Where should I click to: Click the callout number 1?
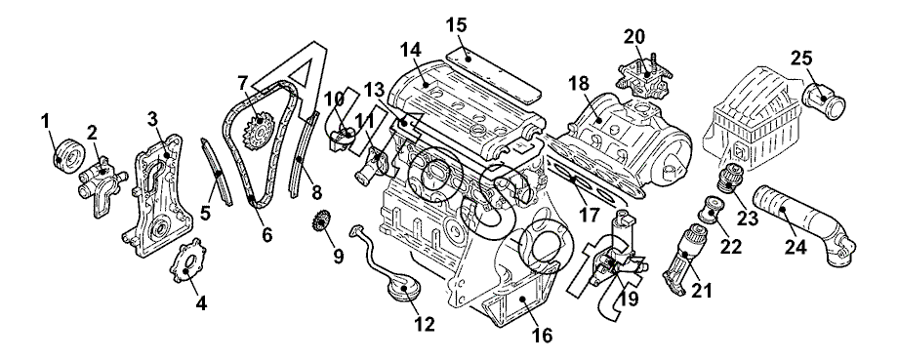click(x=45, y=121)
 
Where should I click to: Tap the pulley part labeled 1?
click(x=68, y=153)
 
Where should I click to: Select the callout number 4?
click(x=201, y=303)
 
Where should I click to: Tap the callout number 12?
click(x=425, y=325)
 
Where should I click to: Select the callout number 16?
click(x=542, y=335)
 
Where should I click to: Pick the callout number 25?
click(x=801, y=58)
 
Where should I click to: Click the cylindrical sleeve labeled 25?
click(x=824, y=100)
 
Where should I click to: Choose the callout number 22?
click(x=731, y=246)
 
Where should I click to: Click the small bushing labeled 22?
click(x=711, y=211)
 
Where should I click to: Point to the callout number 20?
click(x=634, y=37)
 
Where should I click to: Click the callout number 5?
click(x=205, y=213)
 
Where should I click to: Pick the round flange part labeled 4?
click(x=185, y=260)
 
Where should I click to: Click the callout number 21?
click(x=701, y=291)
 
